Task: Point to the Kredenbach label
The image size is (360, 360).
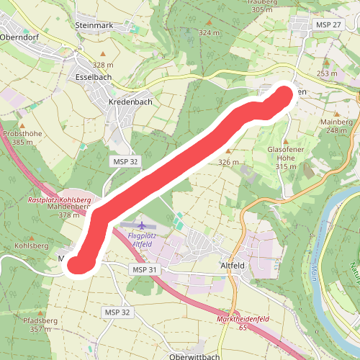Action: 130,102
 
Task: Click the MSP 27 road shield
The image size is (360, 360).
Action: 328,25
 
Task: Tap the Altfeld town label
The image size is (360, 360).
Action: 233,266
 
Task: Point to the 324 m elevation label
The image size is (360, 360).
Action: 209,33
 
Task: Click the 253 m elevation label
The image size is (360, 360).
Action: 327,73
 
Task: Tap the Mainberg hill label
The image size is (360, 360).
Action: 336,122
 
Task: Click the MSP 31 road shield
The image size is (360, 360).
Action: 144,269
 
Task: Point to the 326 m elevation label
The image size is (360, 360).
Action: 228,163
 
